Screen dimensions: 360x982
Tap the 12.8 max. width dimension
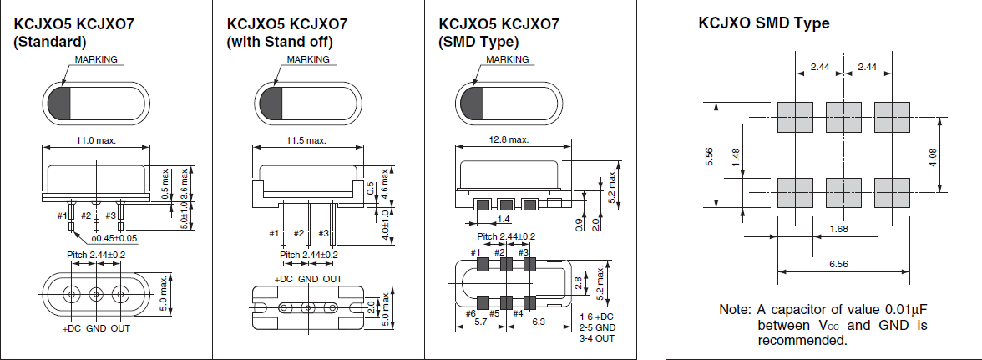tap(508, 139)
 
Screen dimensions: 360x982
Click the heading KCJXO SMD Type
tap(763, 23)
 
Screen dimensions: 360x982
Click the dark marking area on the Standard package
tap(58, 103)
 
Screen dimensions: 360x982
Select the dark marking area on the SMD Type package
tap(469, 103)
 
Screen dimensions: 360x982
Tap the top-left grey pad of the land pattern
tap(794, 117)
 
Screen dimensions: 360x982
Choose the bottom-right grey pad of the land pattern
tap(891, 192)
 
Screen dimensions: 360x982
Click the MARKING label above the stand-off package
tap(308, 60)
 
